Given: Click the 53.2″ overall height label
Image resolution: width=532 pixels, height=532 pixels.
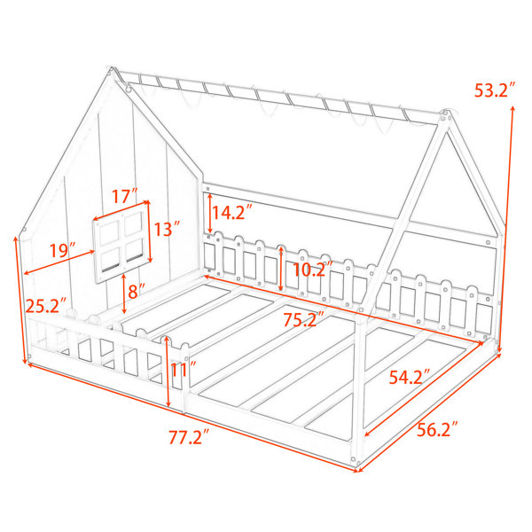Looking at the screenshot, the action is click(495, 90).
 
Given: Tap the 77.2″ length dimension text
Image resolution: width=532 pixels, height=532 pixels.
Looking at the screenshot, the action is click(190, 436).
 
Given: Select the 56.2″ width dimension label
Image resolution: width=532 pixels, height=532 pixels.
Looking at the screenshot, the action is click(437, 429).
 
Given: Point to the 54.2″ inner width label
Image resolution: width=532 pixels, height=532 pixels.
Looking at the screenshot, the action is click(410, 377).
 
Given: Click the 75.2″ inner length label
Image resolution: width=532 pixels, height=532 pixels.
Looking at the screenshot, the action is click(304, 319).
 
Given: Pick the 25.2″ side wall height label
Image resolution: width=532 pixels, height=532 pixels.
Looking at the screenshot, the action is click(46, 306).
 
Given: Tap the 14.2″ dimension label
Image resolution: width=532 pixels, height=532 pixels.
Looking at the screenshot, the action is click(232, 213).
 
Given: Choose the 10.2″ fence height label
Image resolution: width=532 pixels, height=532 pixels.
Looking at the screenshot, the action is click(313, 270).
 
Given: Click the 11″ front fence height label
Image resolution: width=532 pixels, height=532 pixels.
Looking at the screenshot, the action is click(184, 369).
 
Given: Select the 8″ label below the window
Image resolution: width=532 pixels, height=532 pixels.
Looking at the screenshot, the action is click(137, 291).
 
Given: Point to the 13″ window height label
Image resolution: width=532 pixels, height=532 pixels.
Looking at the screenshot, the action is click(167, 229).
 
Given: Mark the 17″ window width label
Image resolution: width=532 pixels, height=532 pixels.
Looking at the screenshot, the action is click(124, 196).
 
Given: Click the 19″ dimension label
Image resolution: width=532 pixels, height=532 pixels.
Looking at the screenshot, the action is click(62, 250).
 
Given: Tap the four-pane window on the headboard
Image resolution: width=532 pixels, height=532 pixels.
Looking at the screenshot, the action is click(121, 242).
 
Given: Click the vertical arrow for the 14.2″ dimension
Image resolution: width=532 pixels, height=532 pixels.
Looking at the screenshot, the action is click(210, 213).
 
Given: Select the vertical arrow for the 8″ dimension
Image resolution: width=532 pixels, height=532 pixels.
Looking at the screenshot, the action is click(124, 293).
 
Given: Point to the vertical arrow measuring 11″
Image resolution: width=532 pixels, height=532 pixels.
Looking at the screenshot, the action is click(168, 372).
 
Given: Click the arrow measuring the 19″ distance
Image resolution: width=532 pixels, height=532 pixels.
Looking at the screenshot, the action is click(59, 262).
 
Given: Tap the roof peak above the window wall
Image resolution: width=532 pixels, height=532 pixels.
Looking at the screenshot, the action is click(111, 69).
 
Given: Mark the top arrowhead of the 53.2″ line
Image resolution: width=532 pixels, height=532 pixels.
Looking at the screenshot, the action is click(512, 108).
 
